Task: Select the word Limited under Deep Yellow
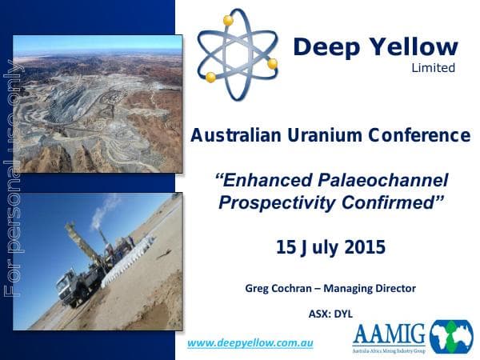433,68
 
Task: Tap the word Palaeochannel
382,180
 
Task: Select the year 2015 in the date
362,247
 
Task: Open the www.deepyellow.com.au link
250,343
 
